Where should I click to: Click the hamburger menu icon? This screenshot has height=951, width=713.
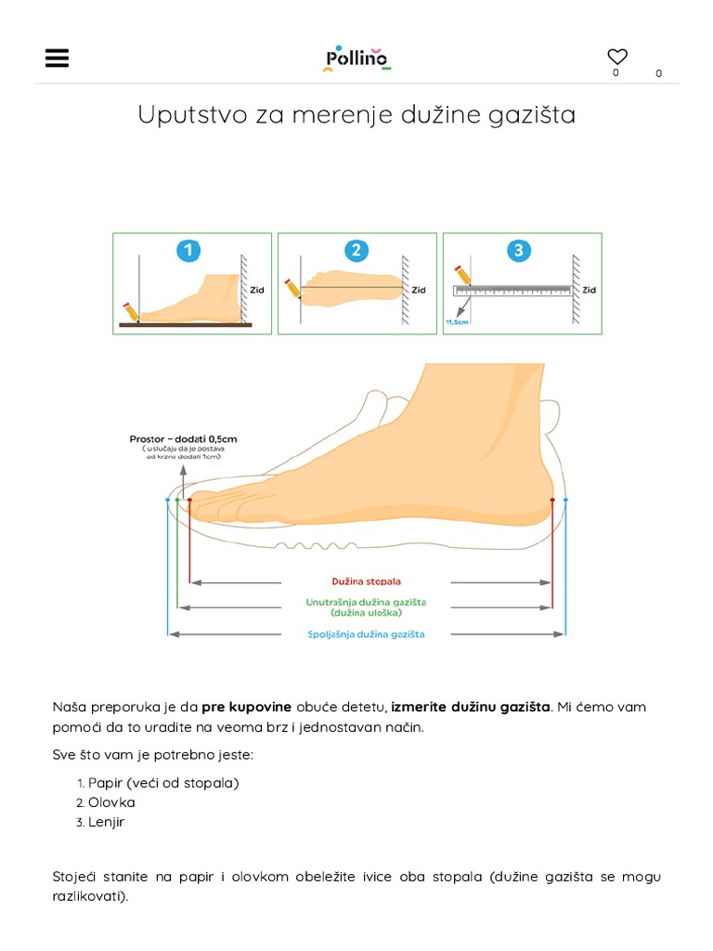pyautogui.click(x=57, y=58)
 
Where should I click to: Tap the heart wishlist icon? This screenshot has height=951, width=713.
pyautogui.click(x=617, y=57)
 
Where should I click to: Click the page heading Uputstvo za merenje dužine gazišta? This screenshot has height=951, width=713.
pyautogui.click(x=356, y=115)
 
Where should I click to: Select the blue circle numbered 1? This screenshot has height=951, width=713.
pyautogui.click(x=189, y=250)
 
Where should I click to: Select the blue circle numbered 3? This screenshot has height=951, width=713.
pyautogui.click(x=519, y=250)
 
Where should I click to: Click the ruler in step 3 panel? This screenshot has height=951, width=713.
pyautogui.click(x=512, y=290)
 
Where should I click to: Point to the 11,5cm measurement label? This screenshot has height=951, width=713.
pyautogui.click(x=457, y=321)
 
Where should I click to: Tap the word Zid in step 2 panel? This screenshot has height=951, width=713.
pyautogui.click(x=419, y=290)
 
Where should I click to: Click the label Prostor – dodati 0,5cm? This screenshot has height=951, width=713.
pyautogui.click(x=183, y=438)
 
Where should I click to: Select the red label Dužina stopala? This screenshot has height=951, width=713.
pyautogui.click(x=366, y=581)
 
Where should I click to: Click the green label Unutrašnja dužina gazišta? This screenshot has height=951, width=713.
pyautogui.click(x=366, y=602)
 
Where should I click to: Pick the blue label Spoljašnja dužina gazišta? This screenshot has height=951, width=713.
pyautogui.click(x=366, y=634)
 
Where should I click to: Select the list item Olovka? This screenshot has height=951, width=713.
pyautogui.click(x=111, y=802)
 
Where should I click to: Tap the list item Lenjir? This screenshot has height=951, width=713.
pyautogui.click(x=106, y=822)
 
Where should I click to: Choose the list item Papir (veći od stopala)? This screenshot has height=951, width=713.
pyautogui.click(x=162, y=783)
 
